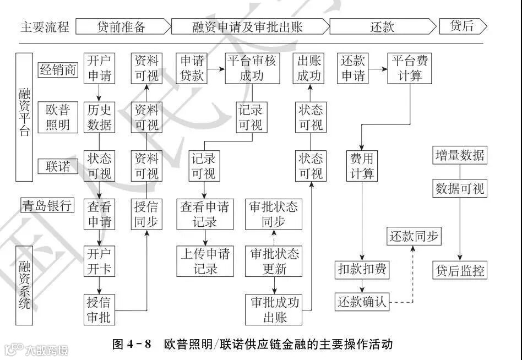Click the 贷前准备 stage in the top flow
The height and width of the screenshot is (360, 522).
[x=122, y=26]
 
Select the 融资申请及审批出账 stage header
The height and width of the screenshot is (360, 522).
[x=249, y=26]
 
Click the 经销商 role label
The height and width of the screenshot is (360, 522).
[x=57, y=69]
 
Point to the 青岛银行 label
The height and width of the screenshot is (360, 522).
[x=47, y=206]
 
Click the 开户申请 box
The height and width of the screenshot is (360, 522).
[x=99, y=68]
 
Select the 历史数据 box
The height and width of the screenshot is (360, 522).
[x=99, y=117]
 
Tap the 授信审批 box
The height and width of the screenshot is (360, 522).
[x=99, y=309]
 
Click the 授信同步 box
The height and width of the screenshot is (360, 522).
[x=146, y=214]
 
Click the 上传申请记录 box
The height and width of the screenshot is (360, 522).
[x=205, y=261]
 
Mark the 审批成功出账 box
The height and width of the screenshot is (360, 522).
[x=274, y=309]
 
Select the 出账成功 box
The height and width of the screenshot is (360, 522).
[x=309, y=68]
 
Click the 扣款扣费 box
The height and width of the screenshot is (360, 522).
[x=362, y=270]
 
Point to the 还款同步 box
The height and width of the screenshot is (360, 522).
[x=414, y=236]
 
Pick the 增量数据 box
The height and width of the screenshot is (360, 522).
[x=459, y=155]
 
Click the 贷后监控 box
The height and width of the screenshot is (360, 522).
[x=460, y=270]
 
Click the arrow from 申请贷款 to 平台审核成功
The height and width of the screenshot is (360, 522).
[x=215, y=69]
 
